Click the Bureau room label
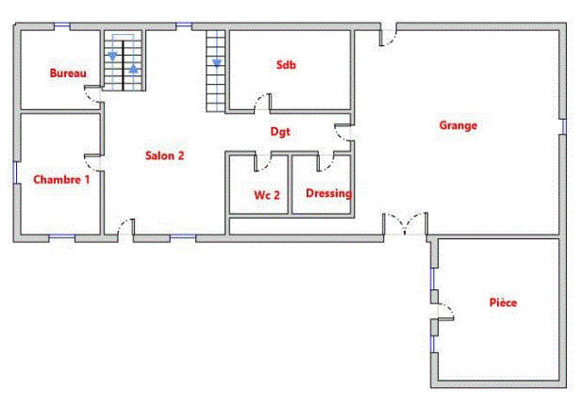click(x=68, y=73)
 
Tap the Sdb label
click(x=286, y=65)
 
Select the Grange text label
click(x=458, y=124)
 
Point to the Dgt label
click(x=280, y=132)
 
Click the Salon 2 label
click(x=164, y=155)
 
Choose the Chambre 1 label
click(x=61, y=178)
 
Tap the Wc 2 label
click(x=267, y=195)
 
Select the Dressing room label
click(x=328, y=193)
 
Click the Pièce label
click(x=503, y=302)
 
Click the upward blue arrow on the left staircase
click(x=134, y=68)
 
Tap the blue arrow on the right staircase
click(x=217, y=63)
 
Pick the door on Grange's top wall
click(x=387, y=37)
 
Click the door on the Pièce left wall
click(x=442, y=312)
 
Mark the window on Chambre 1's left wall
click(x=15, y=174)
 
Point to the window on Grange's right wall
click(x=563, y=126)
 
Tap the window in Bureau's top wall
click(x=63, y=25)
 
